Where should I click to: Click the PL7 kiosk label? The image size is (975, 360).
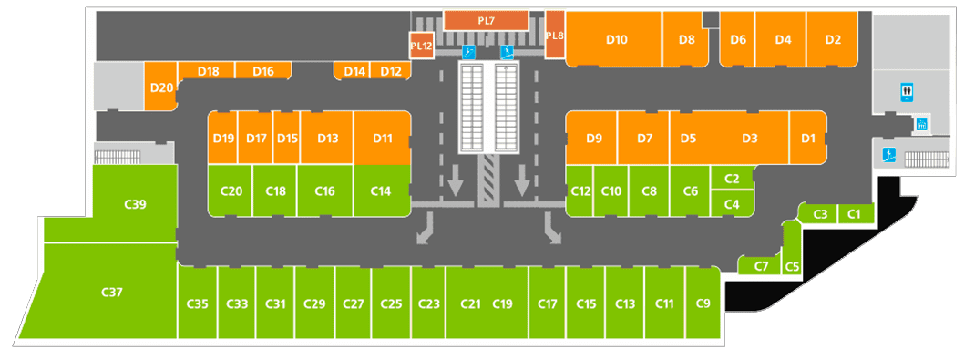click(486, 21)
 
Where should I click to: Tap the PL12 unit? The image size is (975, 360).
click(422, 46)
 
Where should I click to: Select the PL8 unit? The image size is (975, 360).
click(555, 35)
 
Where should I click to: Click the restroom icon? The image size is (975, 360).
click(908, 93)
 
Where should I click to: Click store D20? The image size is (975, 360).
click(161, 87)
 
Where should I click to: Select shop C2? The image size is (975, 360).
click(732, 179)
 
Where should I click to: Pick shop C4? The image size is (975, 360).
click(732, 203)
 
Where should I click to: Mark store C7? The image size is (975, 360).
click(760, 265)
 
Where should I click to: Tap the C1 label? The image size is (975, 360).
click(855, 214)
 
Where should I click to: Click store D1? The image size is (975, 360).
click(807, 138)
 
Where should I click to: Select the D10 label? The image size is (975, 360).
click(617, 40)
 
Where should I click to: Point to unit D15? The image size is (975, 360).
click(287, 138)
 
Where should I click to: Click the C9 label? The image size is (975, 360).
click(703, 303)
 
